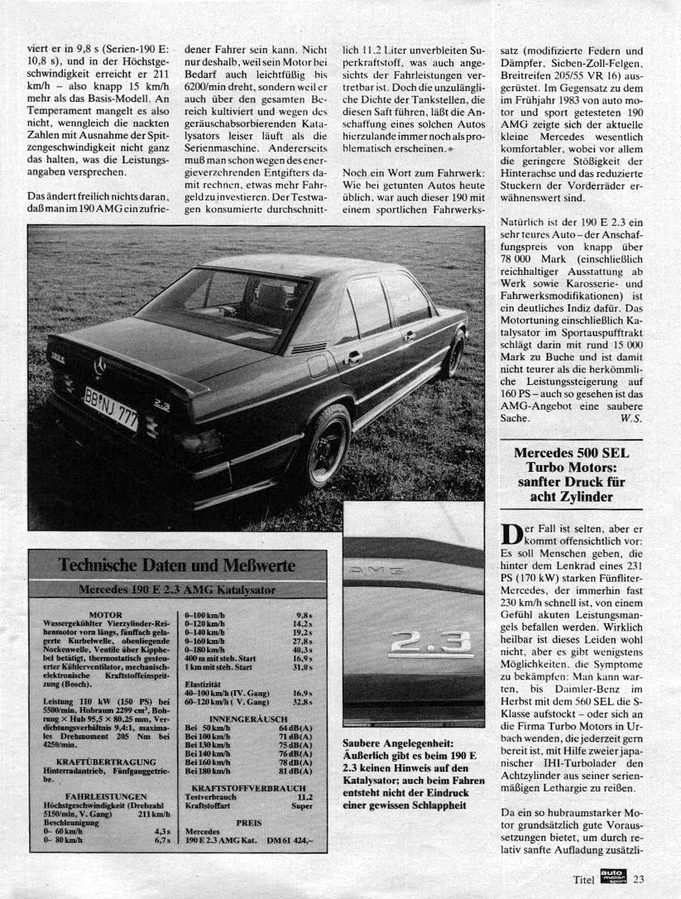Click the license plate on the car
point(110,408)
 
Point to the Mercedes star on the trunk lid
point(100,365)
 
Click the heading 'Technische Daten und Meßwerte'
point(177,565)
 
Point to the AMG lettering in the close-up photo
point(374,570)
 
